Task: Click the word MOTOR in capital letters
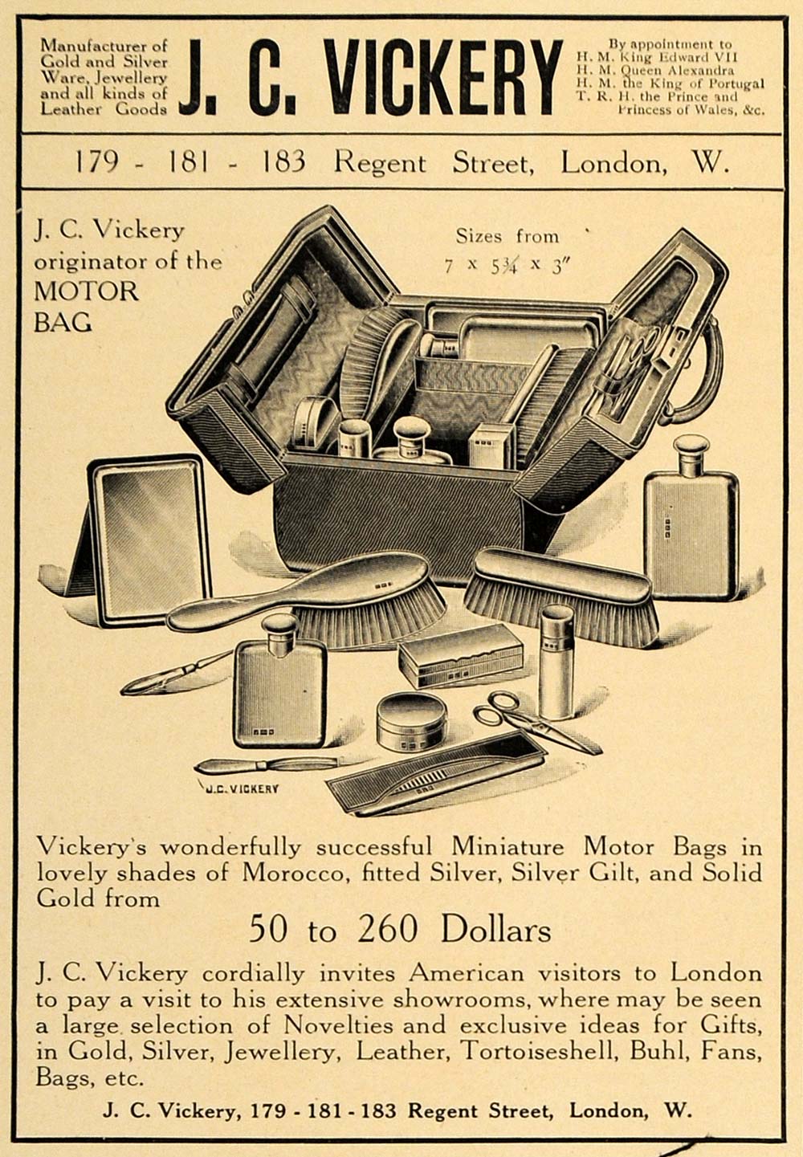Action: click(x=87, y=291)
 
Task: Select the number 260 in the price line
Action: click(x=388, y=929)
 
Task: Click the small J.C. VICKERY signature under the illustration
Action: click(x=240, y=788)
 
